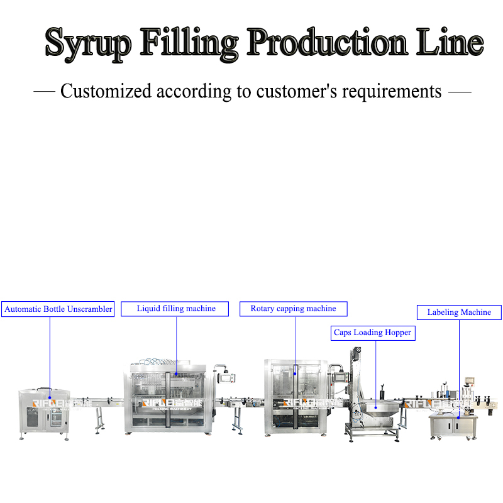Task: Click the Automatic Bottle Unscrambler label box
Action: (x=58, y=309)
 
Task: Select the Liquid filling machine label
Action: (x=176, y=309)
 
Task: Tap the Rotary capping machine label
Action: (x=293, y=309)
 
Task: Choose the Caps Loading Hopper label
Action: (x=373, y=333)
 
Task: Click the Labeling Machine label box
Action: (x=459, y=312)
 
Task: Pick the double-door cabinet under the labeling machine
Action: (x=453, y=426)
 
